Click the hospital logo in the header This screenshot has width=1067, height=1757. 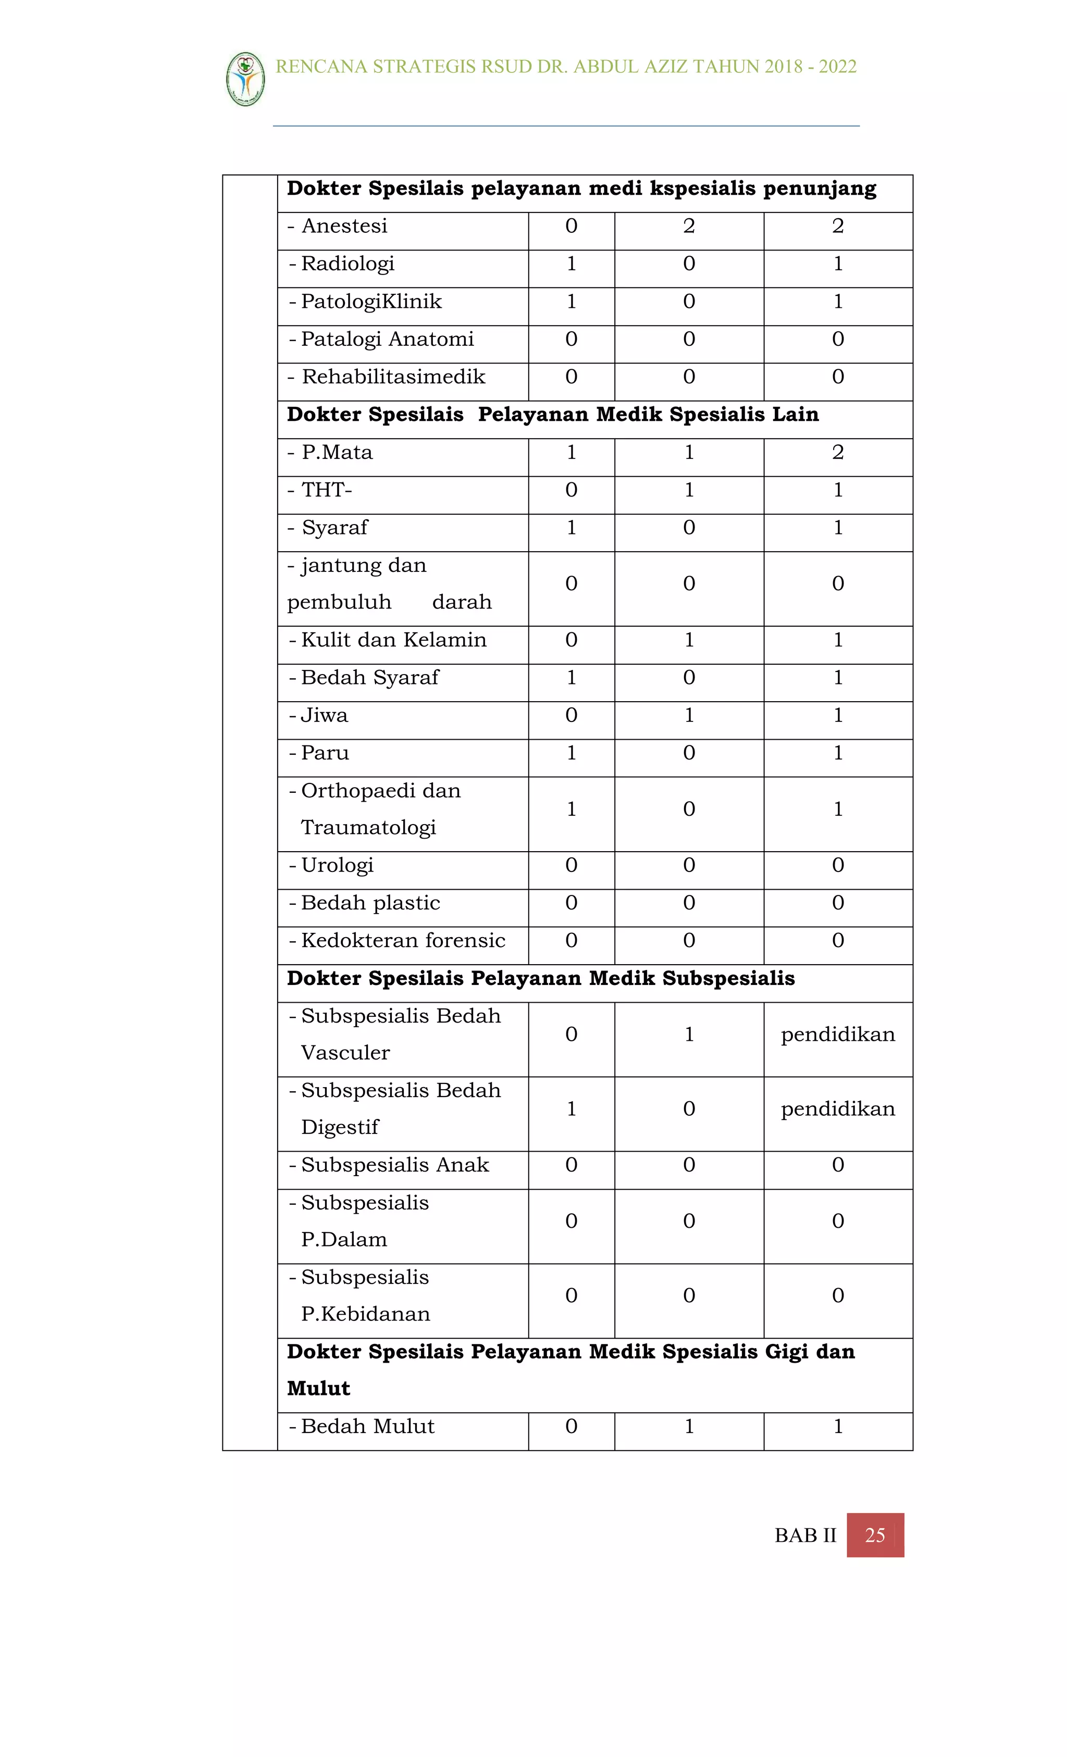tap(245, 79)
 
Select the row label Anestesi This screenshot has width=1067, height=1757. tap(344, 226)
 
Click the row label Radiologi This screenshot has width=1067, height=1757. tap(348, 264)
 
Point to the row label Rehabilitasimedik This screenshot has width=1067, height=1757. tap(393, 377)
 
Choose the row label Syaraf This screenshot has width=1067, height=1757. tap(334, 528)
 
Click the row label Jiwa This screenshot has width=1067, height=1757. tap(325, 715)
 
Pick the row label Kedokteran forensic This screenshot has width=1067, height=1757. tap(403, 941)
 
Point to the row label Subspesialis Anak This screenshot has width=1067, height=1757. tap(394, 1165)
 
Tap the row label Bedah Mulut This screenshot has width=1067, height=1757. tap(367, 1426)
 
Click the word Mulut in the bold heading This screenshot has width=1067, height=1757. tap(318, 1388)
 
